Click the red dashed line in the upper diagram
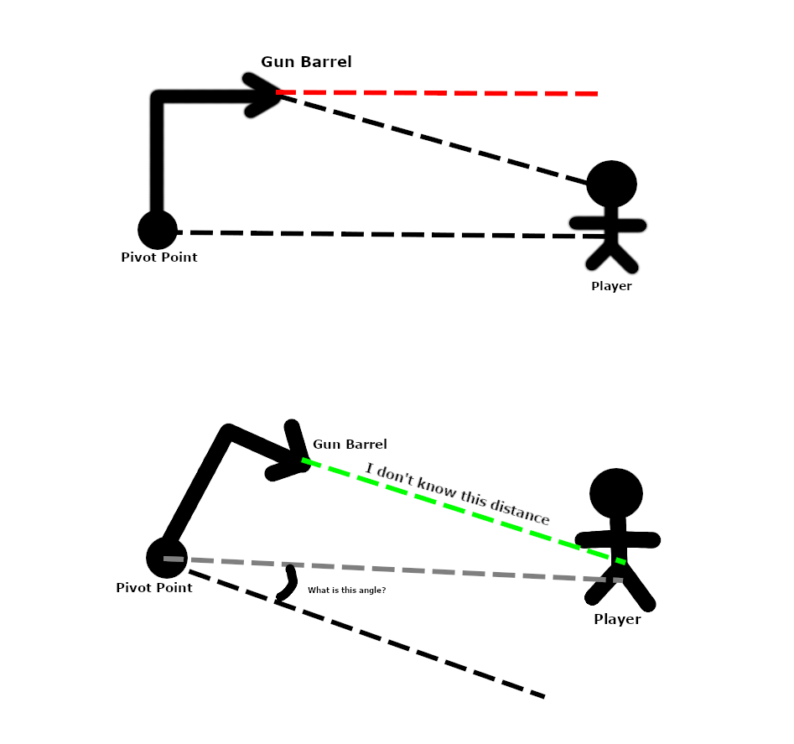[x=436, y=92]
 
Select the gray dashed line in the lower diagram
[x=394, y=569]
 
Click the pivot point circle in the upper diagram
[x=157, y=230]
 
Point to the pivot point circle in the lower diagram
[x=166, y=558]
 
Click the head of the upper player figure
[x=611, y=184]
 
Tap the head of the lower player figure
[x=616, y=493]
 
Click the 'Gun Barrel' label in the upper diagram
[x=306, y=62]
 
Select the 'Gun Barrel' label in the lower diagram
[x=350, y=444]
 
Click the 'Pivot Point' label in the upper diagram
[x=159, y=258]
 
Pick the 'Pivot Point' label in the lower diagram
[x=154, y=588]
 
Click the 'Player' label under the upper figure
[x=611, y=286]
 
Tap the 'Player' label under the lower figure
[x=617, y=620]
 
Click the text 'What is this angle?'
[x=346, y=591]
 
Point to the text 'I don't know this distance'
[x=458, y=493]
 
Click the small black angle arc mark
[x=288, y=585]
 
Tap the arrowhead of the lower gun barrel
[x=293, y=457]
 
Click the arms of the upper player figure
[x=608, y=225]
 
